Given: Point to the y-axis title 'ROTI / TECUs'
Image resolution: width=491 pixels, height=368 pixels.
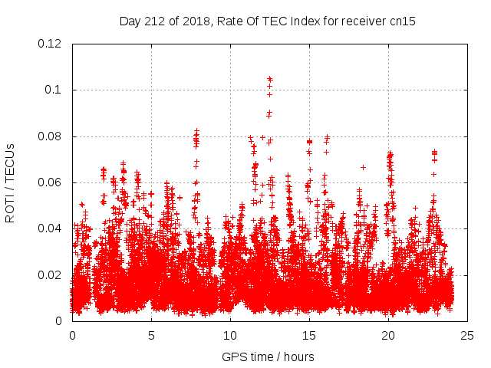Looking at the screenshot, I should coord(11,182).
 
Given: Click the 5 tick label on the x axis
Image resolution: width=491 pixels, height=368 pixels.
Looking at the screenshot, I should coord(151,335).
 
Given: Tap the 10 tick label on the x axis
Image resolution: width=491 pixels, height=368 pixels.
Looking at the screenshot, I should coord(230,335).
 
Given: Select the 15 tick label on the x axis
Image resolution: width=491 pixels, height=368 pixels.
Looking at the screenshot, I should coord(309,335).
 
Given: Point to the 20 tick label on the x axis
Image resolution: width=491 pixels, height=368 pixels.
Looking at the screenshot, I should coord(388,335).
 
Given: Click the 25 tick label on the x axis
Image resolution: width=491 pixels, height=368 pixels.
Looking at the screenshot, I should coord(467,335).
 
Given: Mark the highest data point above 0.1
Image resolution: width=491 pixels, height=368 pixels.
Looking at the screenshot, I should coord(269,78).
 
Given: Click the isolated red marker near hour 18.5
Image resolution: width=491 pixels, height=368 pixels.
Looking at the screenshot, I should coord(363,167).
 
